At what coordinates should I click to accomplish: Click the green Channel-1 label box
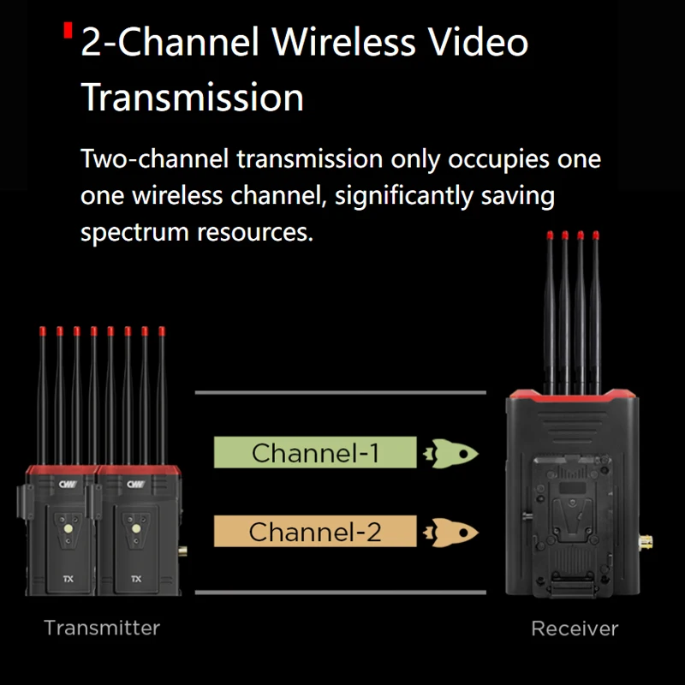tap(314, 452)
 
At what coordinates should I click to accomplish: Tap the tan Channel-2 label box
tap(314, 532)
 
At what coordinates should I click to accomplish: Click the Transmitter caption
tap(102, 628)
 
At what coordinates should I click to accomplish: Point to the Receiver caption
tap(575, 629)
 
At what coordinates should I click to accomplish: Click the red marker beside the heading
tap(68, 32)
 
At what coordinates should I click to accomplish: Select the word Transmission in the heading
tap(193, 98)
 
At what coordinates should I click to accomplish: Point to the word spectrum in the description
tap(137, 232)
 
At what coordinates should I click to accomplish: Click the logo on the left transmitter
tap(68, 485)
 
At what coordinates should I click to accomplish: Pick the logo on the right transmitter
tap(135, 485)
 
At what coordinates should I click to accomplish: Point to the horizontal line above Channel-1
tap(341, 393)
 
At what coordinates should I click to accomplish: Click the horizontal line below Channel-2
tap(341, 593)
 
